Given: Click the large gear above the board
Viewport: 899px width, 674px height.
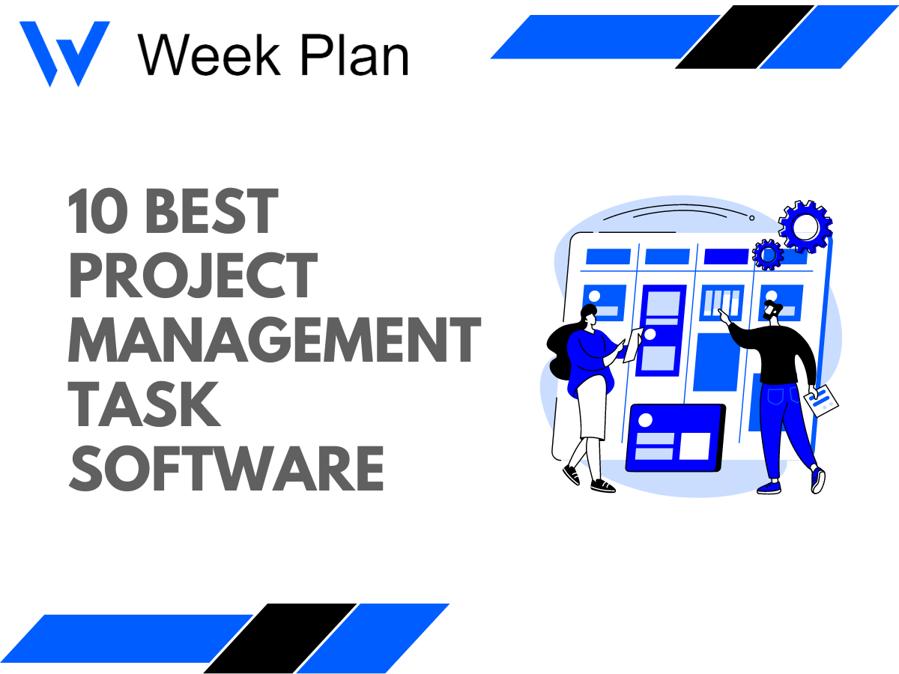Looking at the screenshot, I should (x=805, y=226).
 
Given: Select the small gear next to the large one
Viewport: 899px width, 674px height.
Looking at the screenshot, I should (x=767, y=255).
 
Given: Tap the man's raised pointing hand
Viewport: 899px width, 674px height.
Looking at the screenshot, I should (x=724, y=318).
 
